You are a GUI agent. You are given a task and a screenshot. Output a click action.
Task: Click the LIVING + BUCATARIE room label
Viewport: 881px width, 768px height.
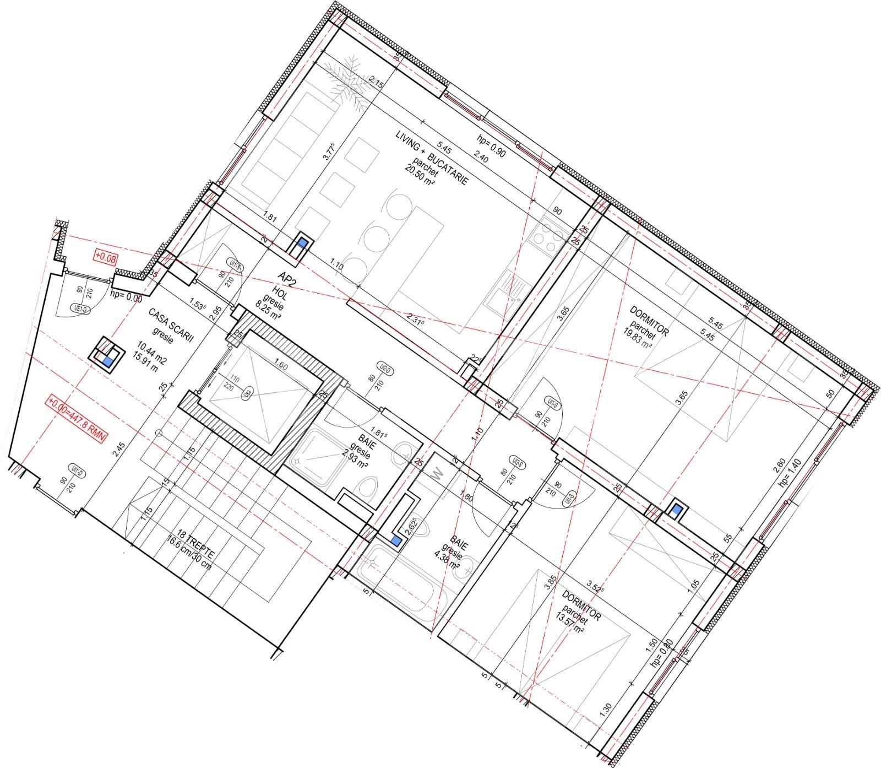[x=432, y=158]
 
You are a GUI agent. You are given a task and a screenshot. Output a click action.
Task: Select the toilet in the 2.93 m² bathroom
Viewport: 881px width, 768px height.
[x=367, y=488]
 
